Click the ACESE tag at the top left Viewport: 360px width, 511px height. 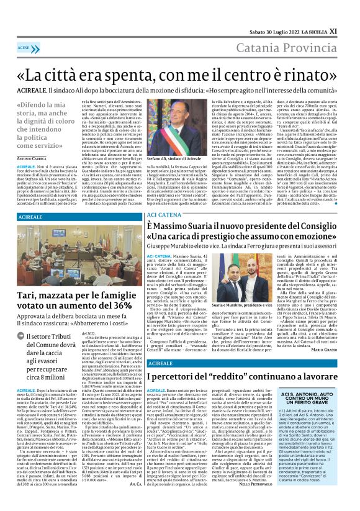pyautogui.click(x=24, y=47)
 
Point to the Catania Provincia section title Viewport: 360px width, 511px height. pyautogui.click(x=294, y=47)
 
